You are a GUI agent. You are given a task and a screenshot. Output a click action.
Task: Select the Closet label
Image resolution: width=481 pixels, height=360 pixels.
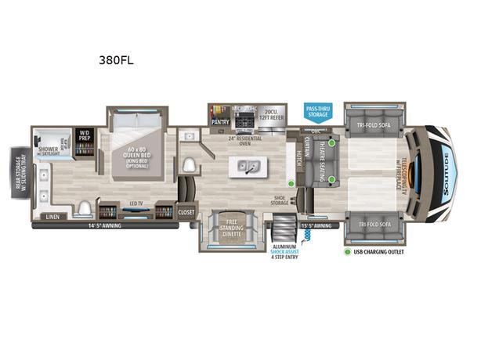click(x=186, y=211)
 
